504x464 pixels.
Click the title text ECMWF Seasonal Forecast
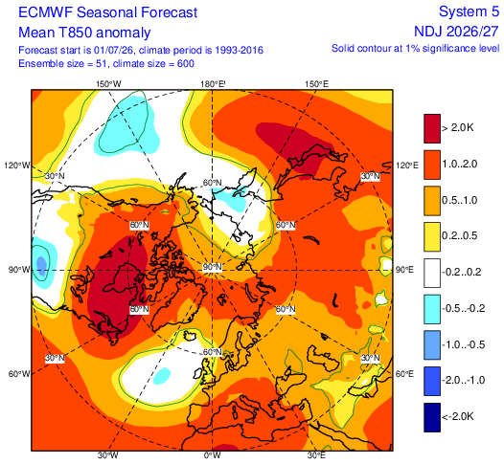107,12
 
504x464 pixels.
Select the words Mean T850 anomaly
84,33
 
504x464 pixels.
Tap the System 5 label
469,11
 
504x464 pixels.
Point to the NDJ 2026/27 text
456,32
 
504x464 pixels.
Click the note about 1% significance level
415,49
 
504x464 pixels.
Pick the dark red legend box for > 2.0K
432,128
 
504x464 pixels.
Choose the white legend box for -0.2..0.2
432,273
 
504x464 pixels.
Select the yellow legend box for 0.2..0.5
432,237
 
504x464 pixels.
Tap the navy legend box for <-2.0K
432,417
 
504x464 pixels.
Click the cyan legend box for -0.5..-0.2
432,309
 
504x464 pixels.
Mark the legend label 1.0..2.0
461,165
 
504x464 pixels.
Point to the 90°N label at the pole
212,267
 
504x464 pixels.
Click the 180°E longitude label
213,84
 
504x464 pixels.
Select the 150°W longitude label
109,84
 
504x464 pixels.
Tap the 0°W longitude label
212,455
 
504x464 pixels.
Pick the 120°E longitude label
407,166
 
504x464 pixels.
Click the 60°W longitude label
19,374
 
